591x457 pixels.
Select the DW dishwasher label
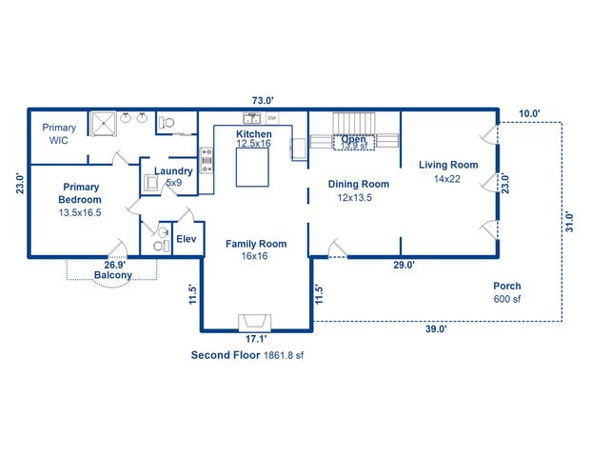pyautogui.click(x=272, y=118)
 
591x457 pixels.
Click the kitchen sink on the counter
pyautogui.click(x=252, y=118)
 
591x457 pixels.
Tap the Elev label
pyautogui.click(x=186, y=240)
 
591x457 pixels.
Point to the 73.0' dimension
pyautogui.click(x=263, y=100)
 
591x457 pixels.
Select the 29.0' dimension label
pyautogui.click(x=404, y=266)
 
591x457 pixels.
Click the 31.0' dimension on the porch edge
pyautogui.click(x=569, y=222)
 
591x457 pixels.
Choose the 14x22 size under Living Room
pyautogui.click(x=447, y=178)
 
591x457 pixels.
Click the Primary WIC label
pyautogui.click(x=60, y=133)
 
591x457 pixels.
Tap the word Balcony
pyautogui.click(x=112, y=276)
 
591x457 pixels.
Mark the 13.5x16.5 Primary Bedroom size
pyautogui.click(x=80, y=213)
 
